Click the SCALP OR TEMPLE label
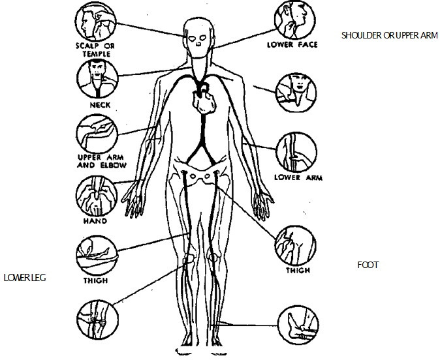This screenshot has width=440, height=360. pos(94,49)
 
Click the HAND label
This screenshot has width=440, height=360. pos(95,221)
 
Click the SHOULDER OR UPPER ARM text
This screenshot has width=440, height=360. pos(389,35)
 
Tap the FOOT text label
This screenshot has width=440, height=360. pos(368,265)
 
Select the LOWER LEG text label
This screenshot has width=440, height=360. pos(24,277)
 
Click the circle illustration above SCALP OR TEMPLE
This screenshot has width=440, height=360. pos(95,22)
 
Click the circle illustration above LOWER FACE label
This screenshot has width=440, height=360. pos(292,20)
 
